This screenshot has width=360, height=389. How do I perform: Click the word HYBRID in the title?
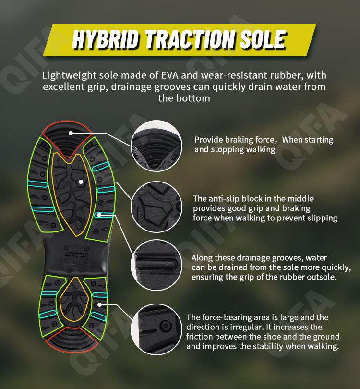click(x=105, y=39)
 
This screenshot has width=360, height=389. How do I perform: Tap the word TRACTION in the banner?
click(x=190, y=39)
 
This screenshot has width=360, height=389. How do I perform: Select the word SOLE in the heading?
click(x=263, y=39)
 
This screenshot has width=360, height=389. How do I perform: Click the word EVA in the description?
click(x=170, y=75)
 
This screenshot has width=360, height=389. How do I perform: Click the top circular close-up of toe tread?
click(x=156, y=146)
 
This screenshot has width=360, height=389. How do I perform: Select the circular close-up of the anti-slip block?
click(x=156, y=207)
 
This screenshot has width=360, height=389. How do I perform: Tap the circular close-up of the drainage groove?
click(x=156, y=265)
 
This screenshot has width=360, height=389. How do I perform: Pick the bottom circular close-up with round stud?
click(x=156, y=329)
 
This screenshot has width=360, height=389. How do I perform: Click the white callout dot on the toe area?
click(x=71, y=133)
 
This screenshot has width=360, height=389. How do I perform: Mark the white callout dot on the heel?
click(x=99, y=304)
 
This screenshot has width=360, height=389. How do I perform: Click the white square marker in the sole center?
click(x=81, y=182)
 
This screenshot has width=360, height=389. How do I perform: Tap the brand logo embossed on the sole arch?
click(x=76, y=255)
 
